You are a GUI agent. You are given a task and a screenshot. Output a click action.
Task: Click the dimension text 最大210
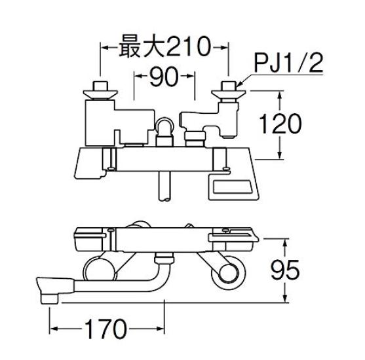[x=163, y=47]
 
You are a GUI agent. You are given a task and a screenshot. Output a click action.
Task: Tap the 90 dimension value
[x=164, y=79]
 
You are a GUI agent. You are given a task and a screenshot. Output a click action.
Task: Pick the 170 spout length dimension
[x=106, y=326]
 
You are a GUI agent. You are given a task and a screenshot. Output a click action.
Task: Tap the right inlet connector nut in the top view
[x=229, y=88]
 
